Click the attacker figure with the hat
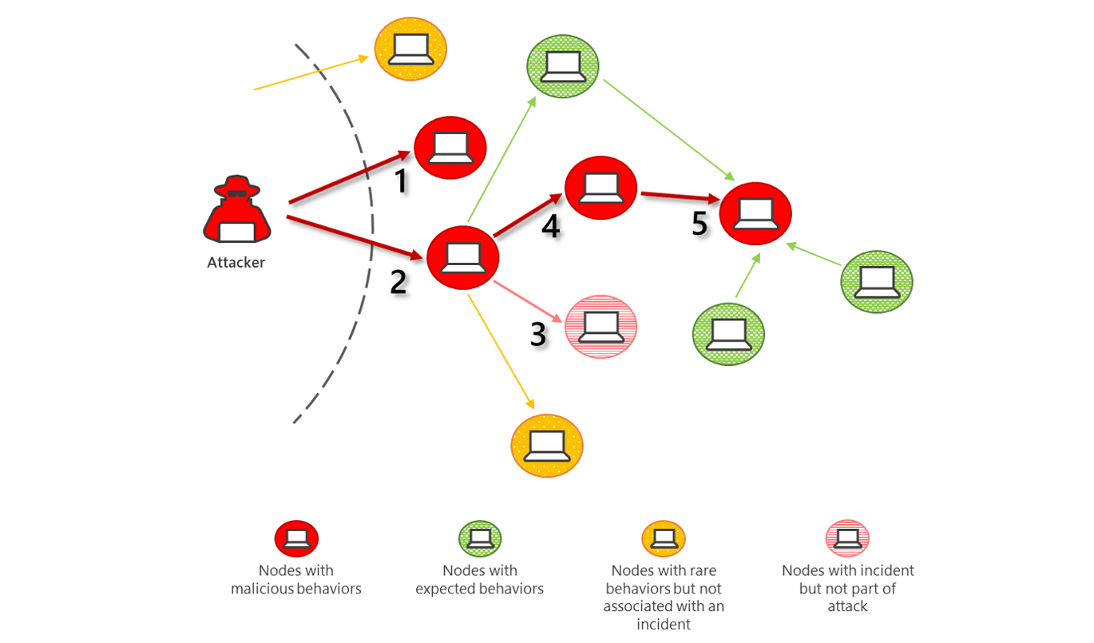pyautogui.click(x=236, y=210)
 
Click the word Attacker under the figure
pyautogui.click(x=236, y=263)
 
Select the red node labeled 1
pyautogui.click(x=450, y=148)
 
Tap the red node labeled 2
pyautogui.click(x=463, y=257)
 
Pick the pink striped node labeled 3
pyautogui.click(x=601, y=326)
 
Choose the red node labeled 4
pyautogui.click(x=601, y=188)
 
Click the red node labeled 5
pyautogui.click(x=755, y=213)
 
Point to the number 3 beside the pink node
pyautogui.click(x=539, y=335)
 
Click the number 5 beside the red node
pyautogui.click(x=700, y=224)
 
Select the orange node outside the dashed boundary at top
pyautogui.click(x=410, y=49)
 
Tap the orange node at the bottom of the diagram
pyautogui.click(x=547, y=445)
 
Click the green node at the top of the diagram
pyautogui.click(x=563, y=66)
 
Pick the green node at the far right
pyautogui.click(x=876, y=281)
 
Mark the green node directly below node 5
pyautogui.click(x=727, y=333)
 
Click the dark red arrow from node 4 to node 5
pyautogui.click(x=678, y=195)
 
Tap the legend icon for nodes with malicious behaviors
pyautogui.click(x=296, y=538)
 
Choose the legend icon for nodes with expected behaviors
pyautogui.click(x=479, y=538)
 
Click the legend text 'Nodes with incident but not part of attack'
pyautogui.click(x=847, y=589)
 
